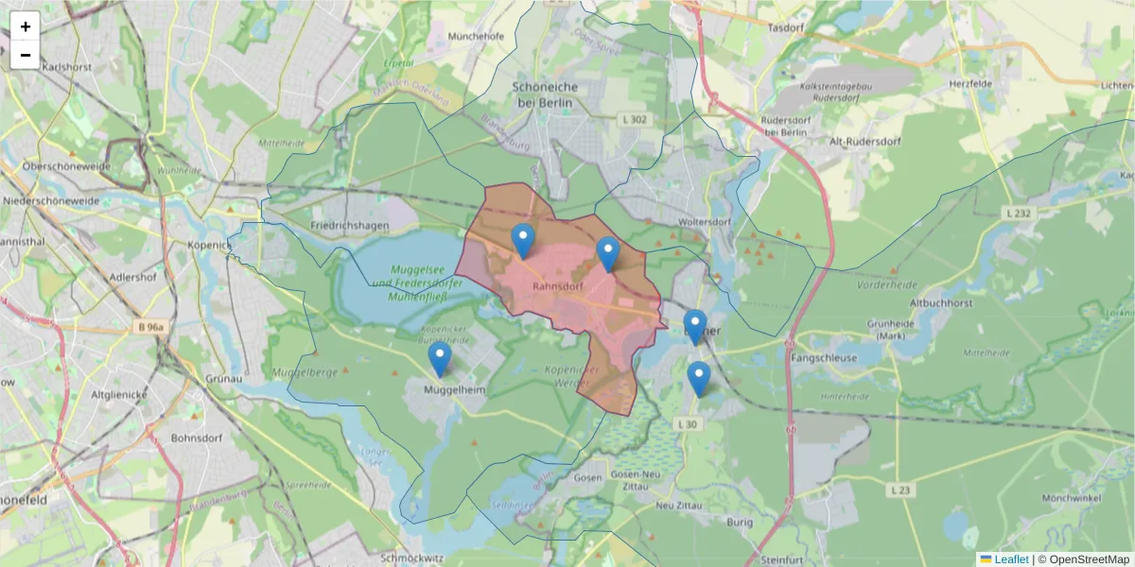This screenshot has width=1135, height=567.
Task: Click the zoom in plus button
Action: tap(26, 26)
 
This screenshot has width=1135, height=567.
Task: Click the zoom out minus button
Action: tap(26, 55)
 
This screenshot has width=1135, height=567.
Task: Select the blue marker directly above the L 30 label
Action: tap(698, 378)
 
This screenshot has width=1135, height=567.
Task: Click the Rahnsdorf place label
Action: tap(557, 284)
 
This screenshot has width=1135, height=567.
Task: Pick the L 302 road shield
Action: tap(636, 119)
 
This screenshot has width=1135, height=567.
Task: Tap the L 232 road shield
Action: tap(1019, 214)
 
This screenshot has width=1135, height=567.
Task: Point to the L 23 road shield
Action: tap(900, 490)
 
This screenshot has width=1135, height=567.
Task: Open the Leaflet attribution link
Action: tap(1011, 559)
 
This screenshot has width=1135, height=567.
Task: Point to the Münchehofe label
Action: tap(477, 36)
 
